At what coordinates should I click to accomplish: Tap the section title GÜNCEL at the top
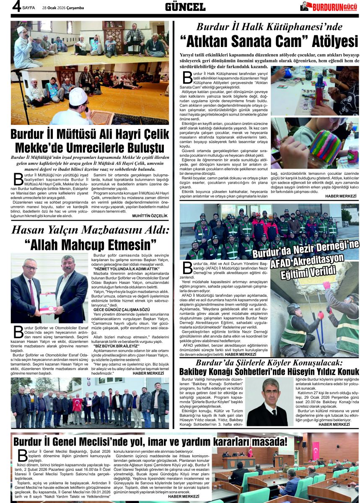(185, 7)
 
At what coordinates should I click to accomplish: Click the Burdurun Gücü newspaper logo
(329, 7)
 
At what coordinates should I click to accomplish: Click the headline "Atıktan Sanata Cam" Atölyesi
(269, 41)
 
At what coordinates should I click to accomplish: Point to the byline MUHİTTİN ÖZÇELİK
(149, 215)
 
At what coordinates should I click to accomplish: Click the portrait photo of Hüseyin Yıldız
(267, 402)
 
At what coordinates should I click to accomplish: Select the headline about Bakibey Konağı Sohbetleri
(269, 372)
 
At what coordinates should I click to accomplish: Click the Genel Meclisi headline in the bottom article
(151, 441)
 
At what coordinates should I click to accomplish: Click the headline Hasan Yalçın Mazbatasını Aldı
(90, 230)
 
